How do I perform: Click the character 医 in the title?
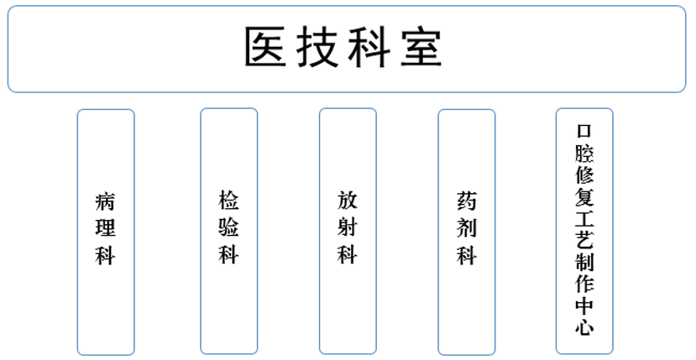pos(265,47)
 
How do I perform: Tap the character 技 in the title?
pos(317,47)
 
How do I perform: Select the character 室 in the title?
pos(421,47)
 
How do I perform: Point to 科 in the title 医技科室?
pos(369,47)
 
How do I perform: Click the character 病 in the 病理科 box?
pos(105,202)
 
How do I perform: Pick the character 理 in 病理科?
pos(105,227)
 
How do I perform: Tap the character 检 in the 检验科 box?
pos(228,200)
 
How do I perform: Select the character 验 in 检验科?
pos(228,227)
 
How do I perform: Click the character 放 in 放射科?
pos(348,200)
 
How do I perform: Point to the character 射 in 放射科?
pos(348,227)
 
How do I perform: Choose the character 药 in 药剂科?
pos(467,201)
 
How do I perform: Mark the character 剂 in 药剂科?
pos(467,227)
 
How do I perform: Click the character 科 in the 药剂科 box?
pos(467,255)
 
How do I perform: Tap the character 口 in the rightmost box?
pos(584,131)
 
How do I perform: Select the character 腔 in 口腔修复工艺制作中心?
pos(584,153)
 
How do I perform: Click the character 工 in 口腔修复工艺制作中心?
pos(584,218)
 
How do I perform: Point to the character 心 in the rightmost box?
pos(584,327)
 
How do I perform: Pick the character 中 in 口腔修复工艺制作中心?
pos(584,305)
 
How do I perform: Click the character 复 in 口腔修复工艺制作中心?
pos(584,196)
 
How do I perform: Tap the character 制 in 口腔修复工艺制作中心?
pos(584,262)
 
